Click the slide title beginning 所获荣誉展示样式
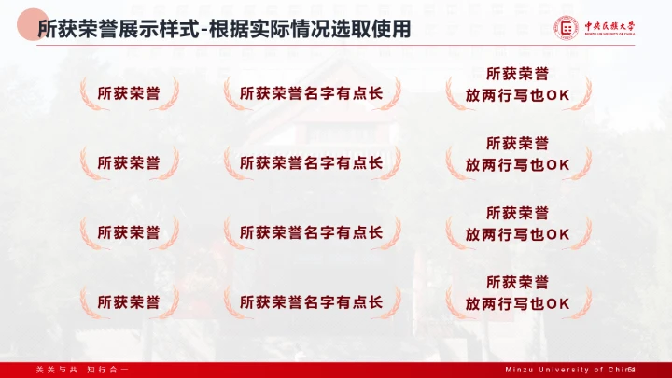[224, 28]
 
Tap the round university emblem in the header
[567, 28]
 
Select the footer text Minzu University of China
[554, 370]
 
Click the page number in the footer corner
[631, 370]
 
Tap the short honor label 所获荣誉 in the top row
[128, 93]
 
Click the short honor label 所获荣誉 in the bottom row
[128, 302]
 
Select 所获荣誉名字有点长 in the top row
[311, 93]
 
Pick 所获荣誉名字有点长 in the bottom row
[311, 302]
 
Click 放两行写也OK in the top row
[517, 94]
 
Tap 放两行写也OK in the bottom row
[517, 303]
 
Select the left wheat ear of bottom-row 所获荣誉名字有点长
[232, 302]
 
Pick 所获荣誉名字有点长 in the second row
[311, 163]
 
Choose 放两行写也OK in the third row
[517, 233]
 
